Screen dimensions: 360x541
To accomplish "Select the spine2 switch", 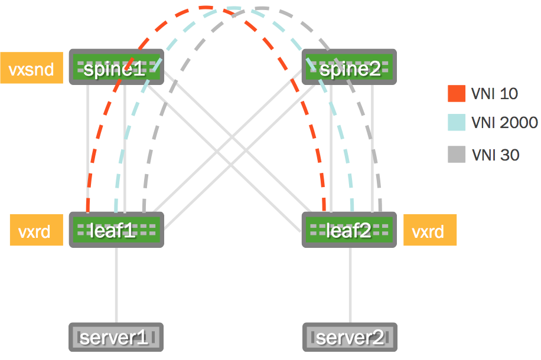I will pyautogui.click(x=348, y=67).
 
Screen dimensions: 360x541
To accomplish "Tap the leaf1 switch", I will pyautogui.click(x=116, y=229).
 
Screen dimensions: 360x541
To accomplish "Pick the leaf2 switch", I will pyautogui.click(x=348, y=229).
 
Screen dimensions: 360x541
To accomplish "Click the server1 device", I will pyautogui.click(x=116, y=338).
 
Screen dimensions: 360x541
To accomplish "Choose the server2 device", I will pyautogui.click(x=350, y=338).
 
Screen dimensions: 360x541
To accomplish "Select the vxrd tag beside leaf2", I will pyautogui.click(x=430, y=230).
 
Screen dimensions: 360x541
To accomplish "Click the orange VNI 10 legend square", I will pyautogui.click(x=457, y=93).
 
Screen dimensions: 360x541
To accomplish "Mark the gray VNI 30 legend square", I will pyautogui.click(x=457, y=155).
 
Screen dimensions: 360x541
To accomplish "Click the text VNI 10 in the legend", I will pyautogui.click(x=495, y=93).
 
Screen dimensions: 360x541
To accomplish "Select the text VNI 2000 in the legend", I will pyautogui.click(x=504, y=123).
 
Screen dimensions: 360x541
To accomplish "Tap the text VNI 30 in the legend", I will pyautogui.click(x=496, y=155).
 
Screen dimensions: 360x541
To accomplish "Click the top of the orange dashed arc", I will pyautogui.click(x=206, y=8).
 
